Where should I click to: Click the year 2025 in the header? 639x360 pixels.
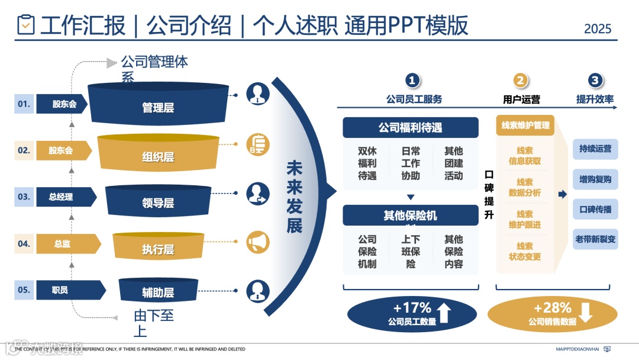(598, 28)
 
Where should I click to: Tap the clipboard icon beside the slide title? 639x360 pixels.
(26, 25)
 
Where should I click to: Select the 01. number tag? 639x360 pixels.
(24, 104)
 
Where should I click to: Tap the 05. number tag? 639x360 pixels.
(24, 290)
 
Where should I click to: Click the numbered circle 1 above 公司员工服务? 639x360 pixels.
(412, 81)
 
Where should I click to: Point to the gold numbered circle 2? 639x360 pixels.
(520, 81)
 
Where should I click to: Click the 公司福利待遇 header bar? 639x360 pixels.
(410, 127)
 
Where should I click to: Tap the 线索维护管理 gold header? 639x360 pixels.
(525, 125)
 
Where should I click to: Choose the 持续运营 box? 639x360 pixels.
(595, 149)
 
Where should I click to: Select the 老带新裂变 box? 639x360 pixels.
(595, 239)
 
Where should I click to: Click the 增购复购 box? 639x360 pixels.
(595, 179)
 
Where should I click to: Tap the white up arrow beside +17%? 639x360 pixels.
(444, 313)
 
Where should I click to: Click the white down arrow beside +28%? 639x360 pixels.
(585, 313)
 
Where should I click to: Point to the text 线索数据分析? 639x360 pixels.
(524, 187)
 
